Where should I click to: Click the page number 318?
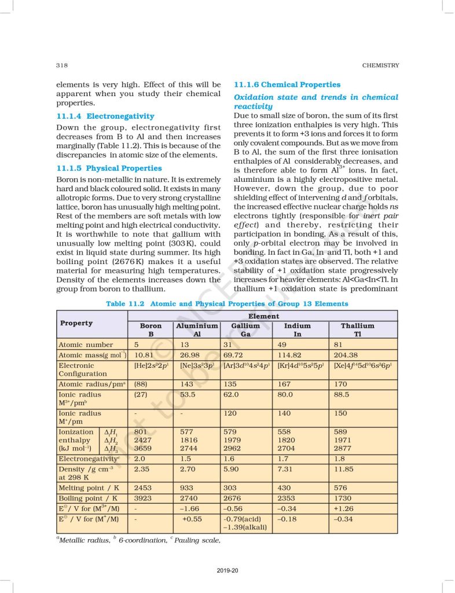tap(63, 65)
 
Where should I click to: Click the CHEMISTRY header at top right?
tap(380, 65)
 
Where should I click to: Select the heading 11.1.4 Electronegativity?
tap(105, 116)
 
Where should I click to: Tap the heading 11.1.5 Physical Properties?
tap(109, 169)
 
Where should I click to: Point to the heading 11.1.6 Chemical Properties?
tap(287, 85)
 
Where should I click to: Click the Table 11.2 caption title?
tap(227, 303)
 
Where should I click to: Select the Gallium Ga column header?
tap(245, 330)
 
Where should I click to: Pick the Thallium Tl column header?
tap(358, 330)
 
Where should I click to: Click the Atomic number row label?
tap(86, 345)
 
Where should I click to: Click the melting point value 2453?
tap(143, 489)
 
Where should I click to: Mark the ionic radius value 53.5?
tap(189, 395)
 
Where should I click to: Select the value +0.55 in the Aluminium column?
tap(192, 519)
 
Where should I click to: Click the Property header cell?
tap(76, 323)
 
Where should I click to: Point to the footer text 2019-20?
tap(227, 571)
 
